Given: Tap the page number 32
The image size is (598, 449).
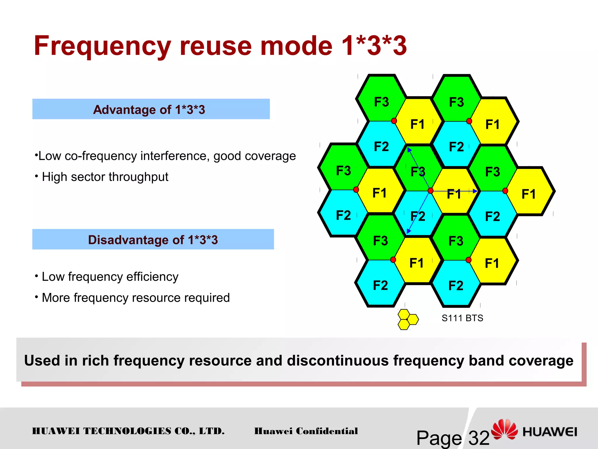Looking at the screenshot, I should [479, 438].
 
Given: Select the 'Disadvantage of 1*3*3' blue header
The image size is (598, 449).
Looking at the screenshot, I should [153, 239].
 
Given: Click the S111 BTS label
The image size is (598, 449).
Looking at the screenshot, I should [462, 318].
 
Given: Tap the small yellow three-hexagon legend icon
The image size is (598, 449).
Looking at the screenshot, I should [408, 320].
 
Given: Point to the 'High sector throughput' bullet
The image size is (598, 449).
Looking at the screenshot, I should [105, 177].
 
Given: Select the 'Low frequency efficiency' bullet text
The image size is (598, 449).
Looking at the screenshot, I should [110, 277].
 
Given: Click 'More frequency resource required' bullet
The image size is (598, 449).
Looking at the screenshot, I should [136, 298].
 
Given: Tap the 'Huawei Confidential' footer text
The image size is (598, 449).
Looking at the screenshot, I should [306, 431].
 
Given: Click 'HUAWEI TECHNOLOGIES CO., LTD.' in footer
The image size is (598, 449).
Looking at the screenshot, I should [128, 431].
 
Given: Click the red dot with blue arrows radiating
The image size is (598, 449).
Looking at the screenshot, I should [430, 191].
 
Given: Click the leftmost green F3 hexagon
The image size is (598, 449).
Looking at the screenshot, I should [343, 168].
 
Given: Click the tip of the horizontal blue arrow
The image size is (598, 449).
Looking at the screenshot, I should [477, 191].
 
